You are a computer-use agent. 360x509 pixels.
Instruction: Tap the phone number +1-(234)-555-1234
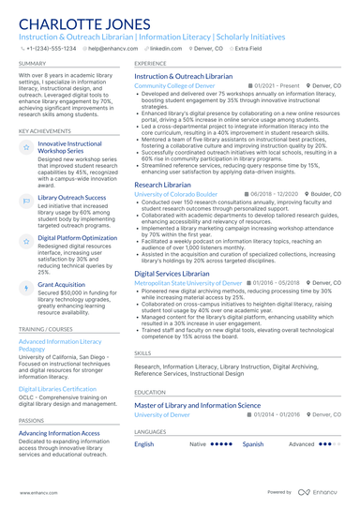click(x=51, y=47)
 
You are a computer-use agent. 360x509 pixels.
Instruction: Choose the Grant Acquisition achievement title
click(x=61, y=284)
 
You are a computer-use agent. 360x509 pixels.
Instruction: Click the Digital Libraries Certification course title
click(x=57, y=388)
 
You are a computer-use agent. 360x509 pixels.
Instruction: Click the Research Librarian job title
click(x=164, y=186)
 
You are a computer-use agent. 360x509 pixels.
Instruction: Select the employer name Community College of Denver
click(x=174, y=85)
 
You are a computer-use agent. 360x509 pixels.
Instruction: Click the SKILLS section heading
click(x=142, y=352)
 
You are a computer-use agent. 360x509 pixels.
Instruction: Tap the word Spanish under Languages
click(x=253, y=444)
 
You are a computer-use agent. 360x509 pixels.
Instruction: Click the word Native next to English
click(x=198, y=444)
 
